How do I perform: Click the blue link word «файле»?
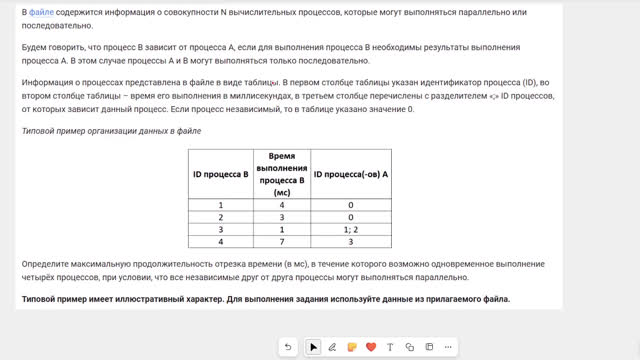[41, 11]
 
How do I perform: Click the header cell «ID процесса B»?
[220, 174]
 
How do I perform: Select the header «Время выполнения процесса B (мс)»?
[281, 174]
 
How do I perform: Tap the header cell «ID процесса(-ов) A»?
[350, 174]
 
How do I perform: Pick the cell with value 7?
[281, 242]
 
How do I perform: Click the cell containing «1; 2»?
[350, 229]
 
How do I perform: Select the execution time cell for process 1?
[281, 204]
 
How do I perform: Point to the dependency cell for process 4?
[350, 242]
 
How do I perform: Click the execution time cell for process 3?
[281, 229]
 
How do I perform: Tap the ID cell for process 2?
[220, 216]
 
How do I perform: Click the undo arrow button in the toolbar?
[289, 347]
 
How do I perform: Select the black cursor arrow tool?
[313, 347]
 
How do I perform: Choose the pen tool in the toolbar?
[332, 347]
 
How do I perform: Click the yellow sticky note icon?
[351, 347]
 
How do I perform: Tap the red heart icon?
[370, 347]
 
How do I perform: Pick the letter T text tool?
[389, 347]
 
